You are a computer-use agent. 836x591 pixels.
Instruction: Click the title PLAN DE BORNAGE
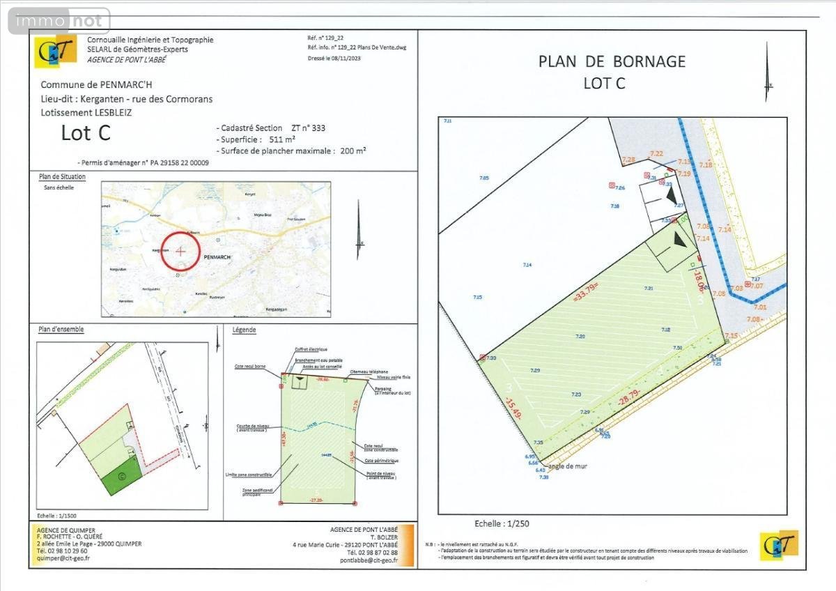(612, 61)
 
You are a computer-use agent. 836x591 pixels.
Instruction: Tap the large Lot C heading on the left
(86, 132)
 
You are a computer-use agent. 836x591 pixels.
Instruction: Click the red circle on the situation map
(180, 250)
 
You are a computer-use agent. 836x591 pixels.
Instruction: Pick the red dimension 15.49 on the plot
(513, 406)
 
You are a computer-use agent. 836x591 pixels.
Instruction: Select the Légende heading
(245, 330)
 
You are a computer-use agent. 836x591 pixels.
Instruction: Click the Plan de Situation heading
(63, 177)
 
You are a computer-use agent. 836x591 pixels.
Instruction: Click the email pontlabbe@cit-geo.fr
(369, 560)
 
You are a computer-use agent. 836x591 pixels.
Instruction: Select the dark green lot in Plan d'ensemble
(122, 477)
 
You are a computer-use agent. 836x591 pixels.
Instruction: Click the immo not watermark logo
(59, 22)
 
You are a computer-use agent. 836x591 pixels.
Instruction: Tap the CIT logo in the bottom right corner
(779, 546)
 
